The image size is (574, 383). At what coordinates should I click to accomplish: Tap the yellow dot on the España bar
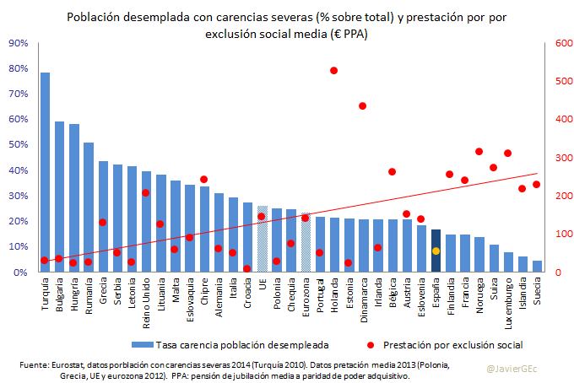pyautogui.click(x=436, y=251)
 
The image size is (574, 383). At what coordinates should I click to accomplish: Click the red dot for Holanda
pyautogui.click(x=333, y=71)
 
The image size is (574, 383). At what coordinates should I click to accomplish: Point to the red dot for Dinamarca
pyautogui.click(x=363, y=106)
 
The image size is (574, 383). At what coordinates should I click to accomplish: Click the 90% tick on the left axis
pyautogui.click(x=19, y=43)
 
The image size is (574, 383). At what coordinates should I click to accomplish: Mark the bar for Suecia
pyautogui.click(x=538, y=266)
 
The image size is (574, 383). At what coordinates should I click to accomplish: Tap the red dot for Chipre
pyautogui.click(x=203, y=180)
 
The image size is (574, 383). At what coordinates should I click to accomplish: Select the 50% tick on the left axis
pyautogui.click(x=19, y=145)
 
